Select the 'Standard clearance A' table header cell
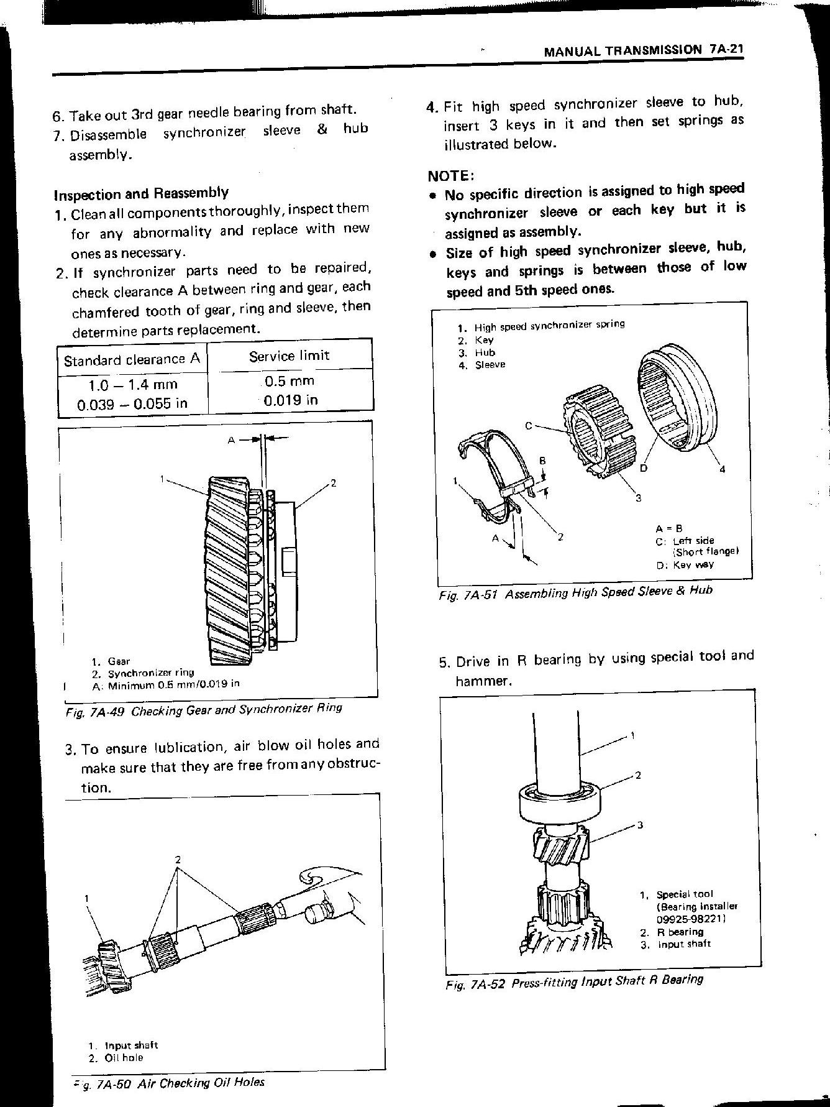(x=132, y=359)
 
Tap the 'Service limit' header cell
(x=289, y=356)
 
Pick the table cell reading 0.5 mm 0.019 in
(x=290, y=390)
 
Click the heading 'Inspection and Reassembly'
(x=141, y=193)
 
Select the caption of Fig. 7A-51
(x=575, y=592)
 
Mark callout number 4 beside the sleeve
(x=721, y=470)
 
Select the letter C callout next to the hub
(x=528, y=426)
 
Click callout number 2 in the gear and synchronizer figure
(x=333, y=482)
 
